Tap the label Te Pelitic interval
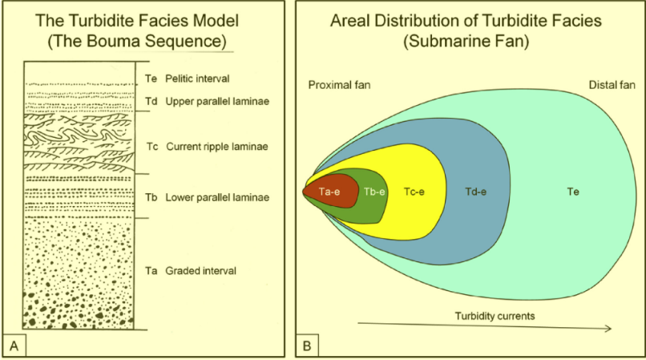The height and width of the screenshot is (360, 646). tap(187, 79)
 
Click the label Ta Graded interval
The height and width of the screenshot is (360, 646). tap(191, 271)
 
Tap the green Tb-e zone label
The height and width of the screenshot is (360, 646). tap(375, 192)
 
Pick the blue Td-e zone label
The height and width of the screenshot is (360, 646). tap(478, 192)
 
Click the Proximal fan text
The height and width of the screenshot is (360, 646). tap(338, 84)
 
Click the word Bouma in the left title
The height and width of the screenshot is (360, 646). tap(139, 39)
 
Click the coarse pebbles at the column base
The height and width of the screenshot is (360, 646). tap(72, 309)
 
